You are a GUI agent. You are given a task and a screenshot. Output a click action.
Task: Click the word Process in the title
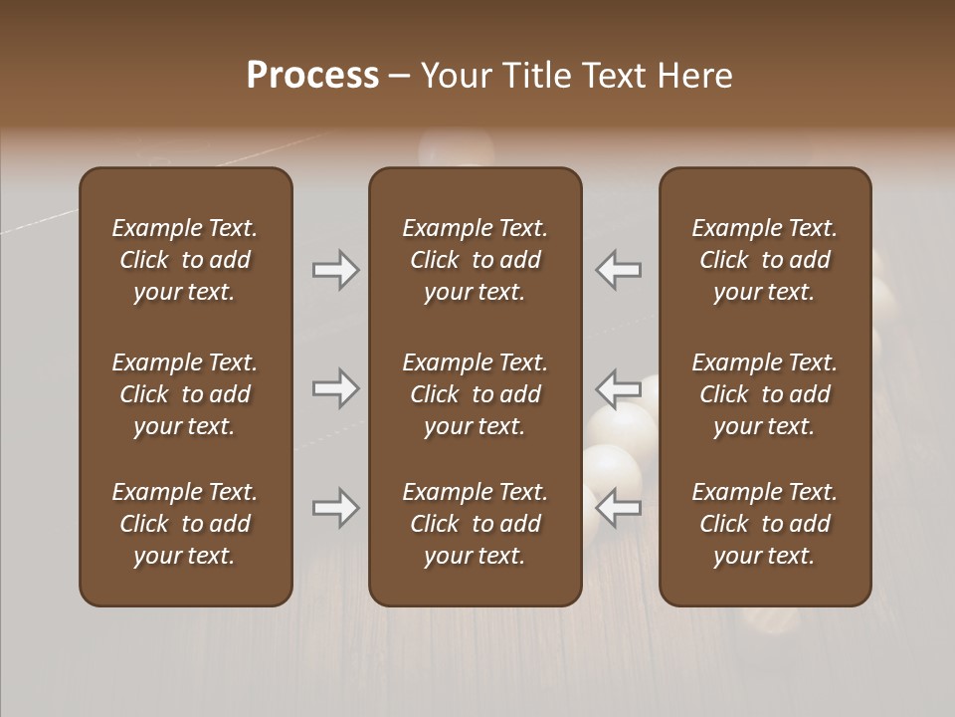tap(312, 76)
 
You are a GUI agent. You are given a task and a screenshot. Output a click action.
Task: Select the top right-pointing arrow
tap(336, 270)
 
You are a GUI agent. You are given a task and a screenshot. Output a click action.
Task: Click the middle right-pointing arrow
tap(336, 388)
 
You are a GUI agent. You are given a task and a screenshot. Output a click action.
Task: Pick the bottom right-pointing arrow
tap(336, 509)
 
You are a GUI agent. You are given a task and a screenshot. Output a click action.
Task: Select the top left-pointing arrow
tap(618, 270)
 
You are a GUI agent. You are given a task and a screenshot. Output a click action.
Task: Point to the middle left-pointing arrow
tap(618, 388)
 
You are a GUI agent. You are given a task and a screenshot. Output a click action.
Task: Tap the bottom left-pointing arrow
tap(618, 509)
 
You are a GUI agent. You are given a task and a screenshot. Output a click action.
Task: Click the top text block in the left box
tap(185, 260)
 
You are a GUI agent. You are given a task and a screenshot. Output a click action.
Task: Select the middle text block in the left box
tap(185, 394)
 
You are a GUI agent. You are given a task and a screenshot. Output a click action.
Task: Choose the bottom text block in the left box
tap(185, 524)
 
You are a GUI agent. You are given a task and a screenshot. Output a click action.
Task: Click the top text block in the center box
tap(475, 260)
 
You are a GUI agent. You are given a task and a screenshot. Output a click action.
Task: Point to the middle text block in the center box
tap(475, 394)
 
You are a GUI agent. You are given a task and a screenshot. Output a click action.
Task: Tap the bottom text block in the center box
tap(475, 524)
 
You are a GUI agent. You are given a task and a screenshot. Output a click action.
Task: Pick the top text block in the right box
tap(764, 260)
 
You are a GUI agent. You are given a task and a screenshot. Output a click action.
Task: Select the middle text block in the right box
tap(764, 394)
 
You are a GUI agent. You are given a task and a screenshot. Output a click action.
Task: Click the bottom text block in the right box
tap(764, 524)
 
